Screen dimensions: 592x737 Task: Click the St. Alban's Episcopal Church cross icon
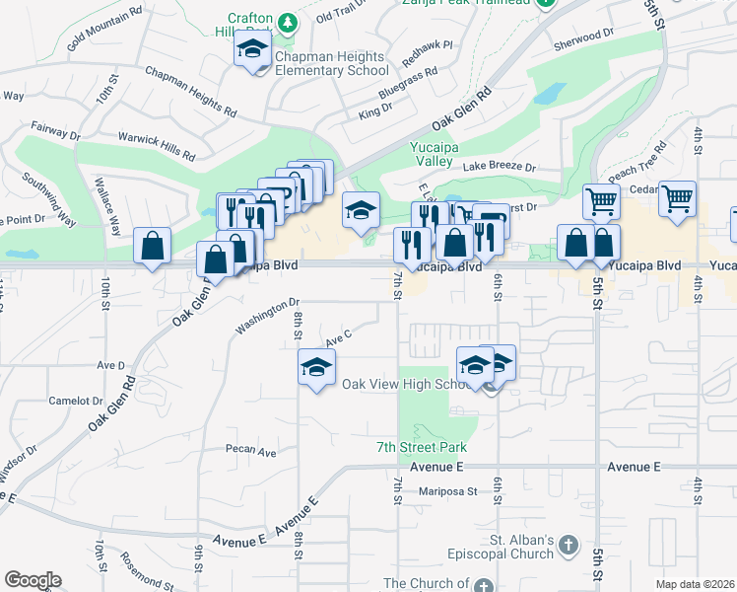[x=569, y=544]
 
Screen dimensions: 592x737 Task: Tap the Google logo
[x=33, y=580]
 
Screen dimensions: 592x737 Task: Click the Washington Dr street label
[x=266, y=317]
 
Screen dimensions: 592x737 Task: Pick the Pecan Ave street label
[x=250, y=452]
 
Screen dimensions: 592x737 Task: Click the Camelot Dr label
[x=76, y=402]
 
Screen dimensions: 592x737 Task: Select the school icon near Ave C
[x=317, y=367]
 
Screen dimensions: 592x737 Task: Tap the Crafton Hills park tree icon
[x=287, y=21]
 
